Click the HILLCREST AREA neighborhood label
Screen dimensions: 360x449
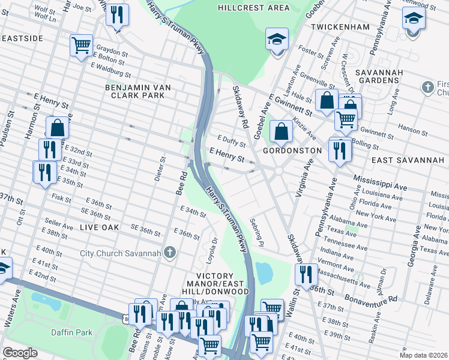click(x=253, y=8)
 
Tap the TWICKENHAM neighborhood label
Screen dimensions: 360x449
click(x=340, y=28)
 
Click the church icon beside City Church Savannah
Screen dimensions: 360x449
click(x=170, y=253)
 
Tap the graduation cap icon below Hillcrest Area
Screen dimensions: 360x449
click(x=277, y=40)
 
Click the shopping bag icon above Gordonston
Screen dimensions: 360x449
click(x=281, y=130)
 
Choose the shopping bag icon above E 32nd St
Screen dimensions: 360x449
click(x=57, y=128)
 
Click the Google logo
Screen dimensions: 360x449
click(x=20, y=353)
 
